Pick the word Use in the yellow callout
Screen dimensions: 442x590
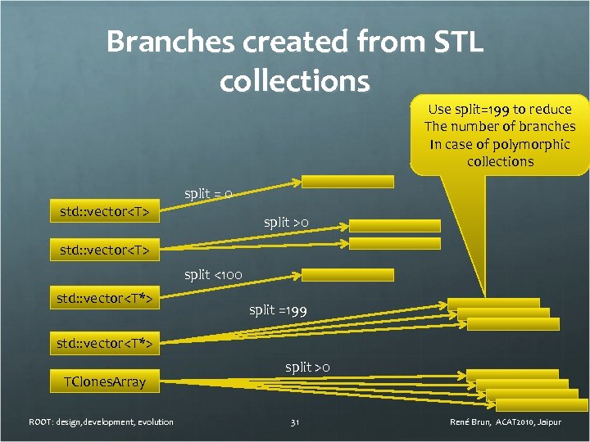click(441, 109)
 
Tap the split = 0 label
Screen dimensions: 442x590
click(208, 194)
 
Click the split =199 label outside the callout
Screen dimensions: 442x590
click(278, 310)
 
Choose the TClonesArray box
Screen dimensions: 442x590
click(105, 381)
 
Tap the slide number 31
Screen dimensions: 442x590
click(295, 422)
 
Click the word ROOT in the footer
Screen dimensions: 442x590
click(41, 422)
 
